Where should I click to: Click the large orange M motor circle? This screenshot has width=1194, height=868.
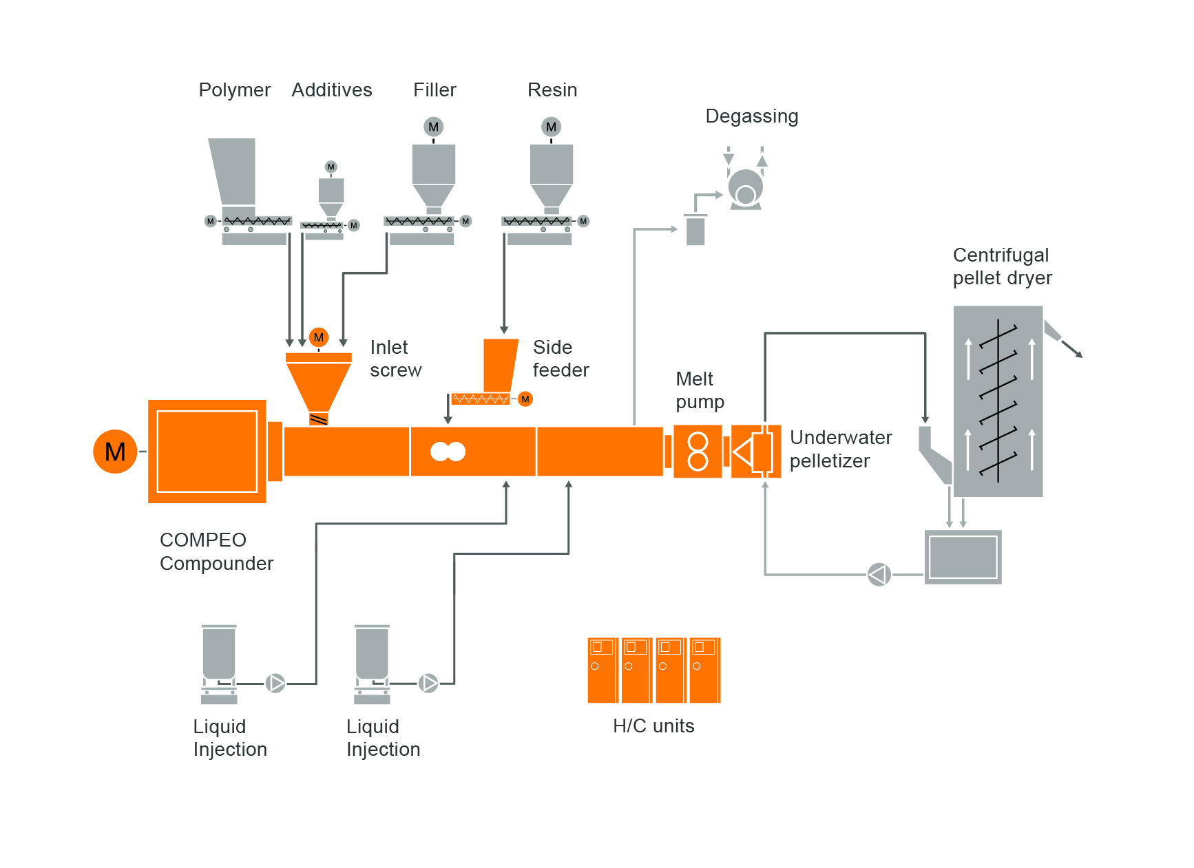tap(115, 452)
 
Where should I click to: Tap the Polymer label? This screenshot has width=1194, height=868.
tap(234, 90)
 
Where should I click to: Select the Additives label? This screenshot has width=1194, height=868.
tap(331, 90)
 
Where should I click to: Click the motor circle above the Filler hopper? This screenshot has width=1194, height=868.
tap(433, 127)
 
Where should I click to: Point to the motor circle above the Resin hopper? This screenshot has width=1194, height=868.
tap(551, 127)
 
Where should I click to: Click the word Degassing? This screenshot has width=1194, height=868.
tap(751, 116)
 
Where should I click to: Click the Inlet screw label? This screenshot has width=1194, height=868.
tap(395, 359)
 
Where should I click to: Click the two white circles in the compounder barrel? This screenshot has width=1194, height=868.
tap(448, 452)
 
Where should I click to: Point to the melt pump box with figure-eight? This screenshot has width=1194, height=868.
tap(698, 452)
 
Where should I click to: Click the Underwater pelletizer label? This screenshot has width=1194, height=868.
tap(840, 449)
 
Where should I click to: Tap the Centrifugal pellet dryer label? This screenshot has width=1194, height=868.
tap(1002, 266)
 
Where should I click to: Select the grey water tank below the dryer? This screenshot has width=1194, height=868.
tap(963, 557)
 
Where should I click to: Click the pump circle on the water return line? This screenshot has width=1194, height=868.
tap(879, 574)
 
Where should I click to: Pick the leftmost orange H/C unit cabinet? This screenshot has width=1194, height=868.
tap(603, 670)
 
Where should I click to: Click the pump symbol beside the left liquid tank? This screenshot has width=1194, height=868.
tap(275, 683)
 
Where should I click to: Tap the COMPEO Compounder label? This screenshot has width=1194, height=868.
tap(216, 551)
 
